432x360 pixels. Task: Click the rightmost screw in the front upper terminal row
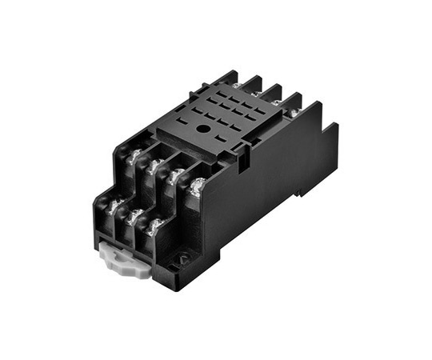click(195, 185)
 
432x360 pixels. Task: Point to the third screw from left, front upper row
click(174, 175)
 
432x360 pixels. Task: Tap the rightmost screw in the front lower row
click(154, 226)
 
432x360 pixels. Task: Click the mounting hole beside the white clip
click(182, 258)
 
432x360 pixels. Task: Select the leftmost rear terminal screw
click(236, 85)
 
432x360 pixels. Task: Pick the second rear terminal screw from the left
click(255, 94)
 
